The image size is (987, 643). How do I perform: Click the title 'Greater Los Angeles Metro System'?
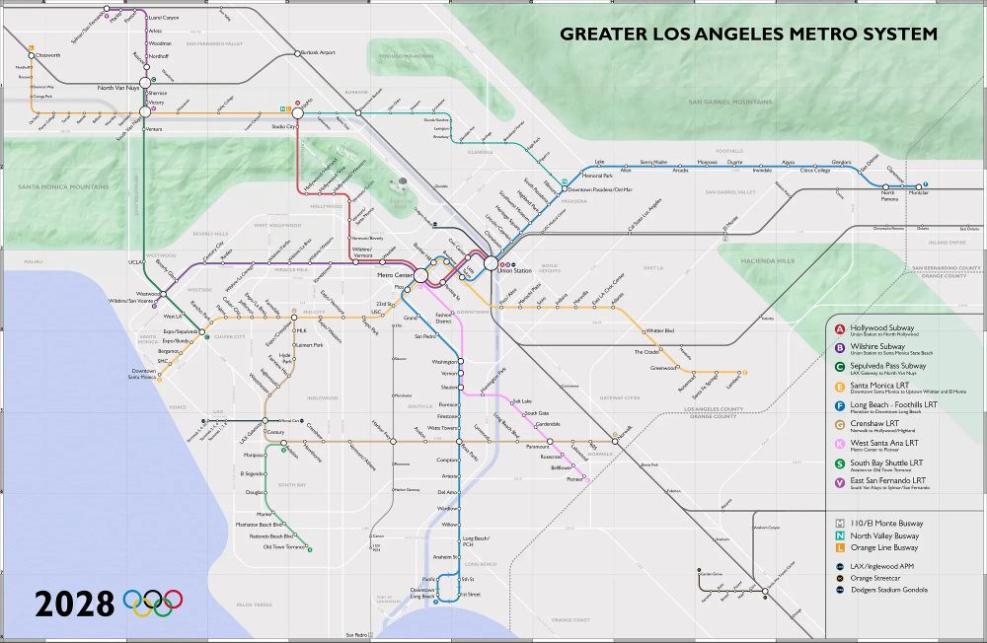point(748,35)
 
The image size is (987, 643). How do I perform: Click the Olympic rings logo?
point(153,603)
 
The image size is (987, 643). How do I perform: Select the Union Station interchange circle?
point(491,264)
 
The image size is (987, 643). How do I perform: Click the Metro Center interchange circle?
point(419,277)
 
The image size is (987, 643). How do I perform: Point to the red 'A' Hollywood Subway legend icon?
point(839,328)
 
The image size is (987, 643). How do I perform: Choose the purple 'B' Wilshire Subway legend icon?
point(839,347)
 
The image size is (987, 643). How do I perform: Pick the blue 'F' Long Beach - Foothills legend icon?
point(839,405)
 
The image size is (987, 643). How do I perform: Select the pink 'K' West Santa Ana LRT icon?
point(839,444)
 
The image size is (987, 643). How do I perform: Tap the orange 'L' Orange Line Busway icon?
point(839,547)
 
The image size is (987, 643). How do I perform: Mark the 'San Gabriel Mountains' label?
point(730,102)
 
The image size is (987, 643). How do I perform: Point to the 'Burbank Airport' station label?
point(319,52)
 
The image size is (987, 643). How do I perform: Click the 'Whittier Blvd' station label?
point(660,330)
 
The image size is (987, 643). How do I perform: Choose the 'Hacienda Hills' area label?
point(772,261)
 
